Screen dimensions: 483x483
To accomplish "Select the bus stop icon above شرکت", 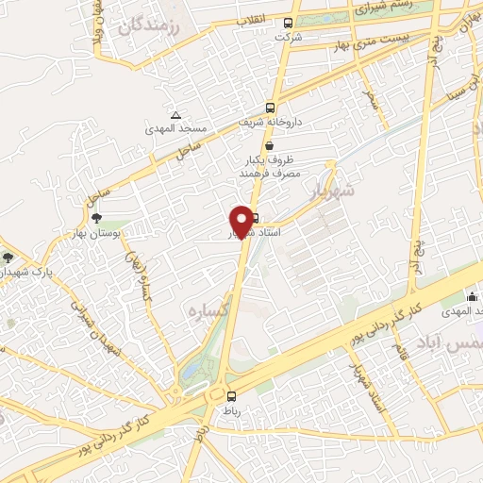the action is [x=288, y=24].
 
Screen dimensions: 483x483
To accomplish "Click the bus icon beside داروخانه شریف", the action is [x=270, y=108].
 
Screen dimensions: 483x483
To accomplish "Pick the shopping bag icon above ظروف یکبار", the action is [x=270, y=145].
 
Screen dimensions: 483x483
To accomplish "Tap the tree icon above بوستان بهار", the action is [x=95, y=218].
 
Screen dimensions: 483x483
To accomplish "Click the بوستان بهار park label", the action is [x=94, y=232].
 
